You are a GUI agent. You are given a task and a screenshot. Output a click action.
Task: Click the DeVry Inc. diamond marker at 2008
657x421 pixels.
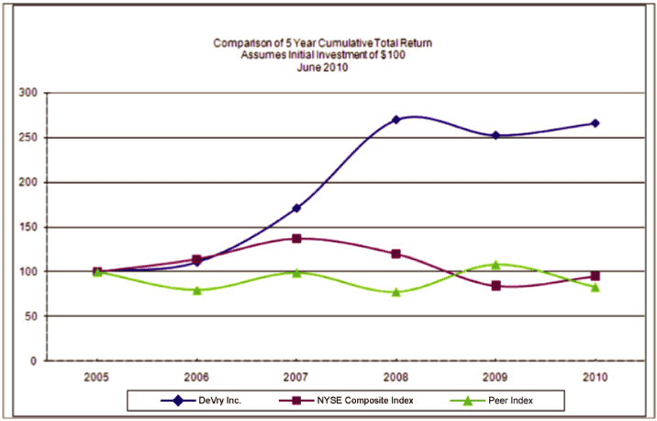pyautogui.click(x=395, y=119)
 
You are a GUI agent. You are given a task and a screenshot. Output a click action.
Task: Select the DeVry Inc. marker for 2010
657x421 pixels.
pyautogui.click(x=595, y=123)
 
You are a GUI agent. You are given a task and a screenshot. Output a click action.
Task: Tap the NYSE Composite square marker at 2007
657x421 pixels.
pyautogui.click(x=296, y=238)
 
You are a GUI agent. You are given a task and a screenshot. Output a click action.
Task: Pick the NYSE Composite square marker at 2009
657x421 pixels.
pyautogui.click(x=496, y=286)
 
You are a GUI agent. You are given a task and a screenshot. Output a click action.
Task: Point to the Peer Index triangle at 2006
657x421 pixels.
pyautogui.click(x=197, y=290)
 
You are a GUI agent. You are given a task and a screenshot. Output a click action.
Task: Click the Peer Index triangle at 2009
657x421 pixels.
pyautogui.click(x=496, y=265)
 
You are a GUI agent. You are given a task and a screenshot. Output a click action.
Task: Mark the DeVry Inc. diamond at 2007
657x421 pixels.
pyautogui.click(x=296, y=208)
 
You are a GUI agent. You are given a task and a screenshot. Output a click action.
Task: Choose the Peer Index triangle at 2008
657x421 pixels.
pyautogui.click(x=395, y=292)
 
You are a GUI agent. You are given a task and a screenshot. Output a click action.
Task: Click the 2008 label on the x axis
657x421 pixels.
pyautogui.click(x=395, y=376)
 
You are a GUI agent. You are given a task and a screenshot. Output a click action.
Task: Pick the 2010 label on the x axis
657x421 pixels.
pyautogui.click(x=595, y=376)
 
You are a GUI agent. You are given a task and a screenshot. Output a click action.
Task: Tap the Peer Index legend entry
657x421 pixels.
pyautogui.click(x=499, y=400)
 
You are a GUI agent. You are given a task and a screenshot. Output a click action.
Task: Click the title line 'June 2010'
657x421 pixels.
pyautogui.click(x=323, y=67)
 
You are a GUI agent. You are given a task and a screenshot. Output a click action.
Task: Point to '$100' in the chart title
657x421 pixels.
pyautogui.click(x=394, y=55)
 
